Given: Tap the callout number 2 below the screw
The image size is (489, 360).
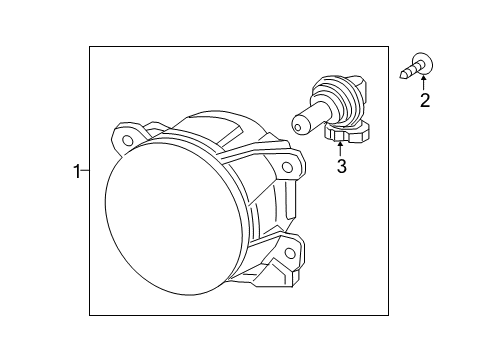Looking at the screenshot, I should coord(425,100).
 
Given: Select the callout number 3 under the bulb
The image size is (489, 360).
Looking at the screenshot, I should coord(341,167).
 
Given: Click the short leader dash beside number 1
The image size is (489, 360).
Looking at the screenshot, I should coord(86,172).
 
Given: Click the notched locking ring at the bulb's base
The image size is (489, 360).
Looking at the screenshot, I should coord(349,133).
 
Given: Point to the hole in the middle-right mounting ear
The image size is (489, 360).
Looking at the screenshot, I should coord(287,167).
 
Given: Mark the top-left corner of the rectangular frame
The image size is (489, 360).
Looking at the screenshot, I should coord(90,47).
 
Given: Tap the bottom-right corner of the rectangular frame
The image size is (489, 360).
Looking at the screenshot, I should coord(388,315).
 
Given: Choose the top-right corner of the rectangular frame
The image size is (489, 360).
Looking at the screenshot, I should coord(388,47).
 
